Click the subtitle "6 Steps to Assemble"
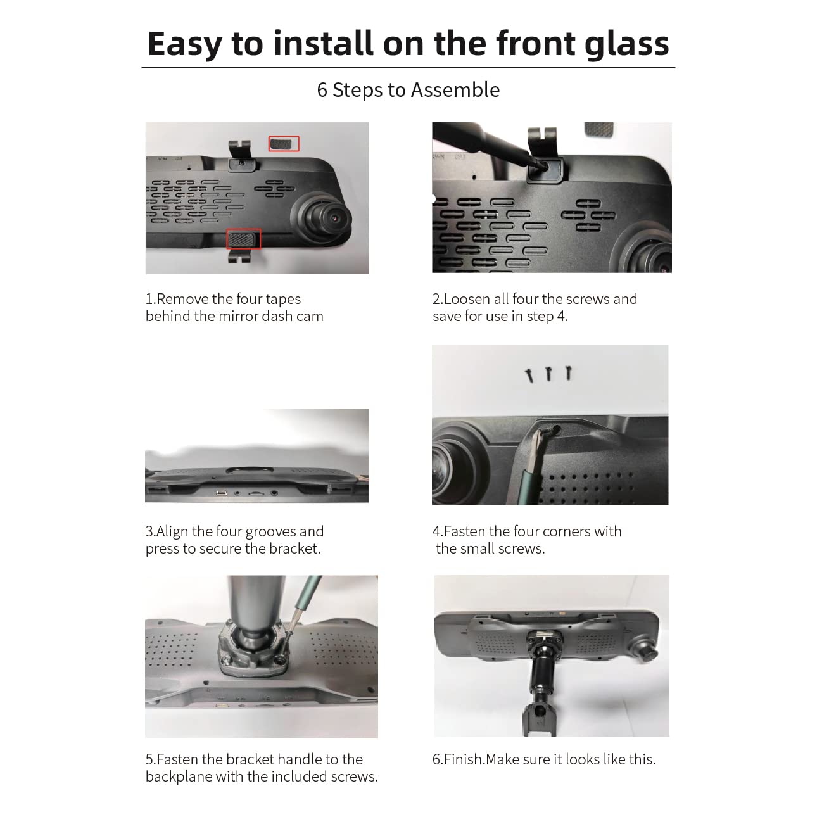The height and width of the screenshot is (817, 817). (x=408, y=90)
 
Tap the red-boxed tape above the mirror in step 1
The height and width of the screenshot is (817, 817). (x=283, y=144)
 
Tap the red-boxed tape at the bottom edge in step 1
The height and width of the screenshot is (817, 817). (x=243, y=239)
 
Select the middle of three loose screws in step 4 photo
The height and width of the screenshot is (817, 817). (x=549, y=374)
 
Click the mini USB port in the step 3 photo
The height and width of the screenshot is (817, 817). (x=222, y=493)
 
